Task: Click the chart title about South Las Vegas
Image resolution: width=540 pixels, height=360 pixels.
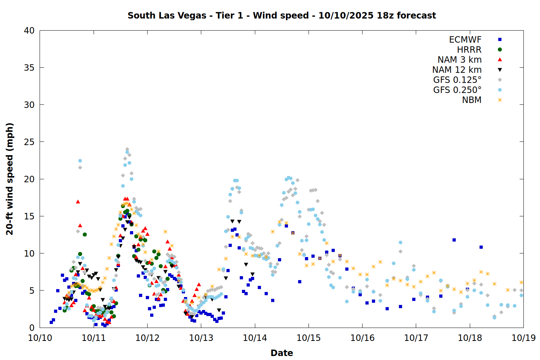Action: coord(282,15)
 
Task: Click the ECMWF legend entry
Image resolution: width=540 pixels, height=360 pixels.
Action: coord(465,40)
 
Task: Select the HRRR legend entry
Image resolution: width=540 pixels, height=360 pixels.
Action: coord(469,50)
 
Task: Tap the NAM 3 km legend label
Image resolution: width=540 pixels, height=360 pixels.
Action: coord(459,60)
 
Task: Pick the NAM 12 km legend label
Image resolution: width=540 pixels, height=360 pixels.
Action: coord(457,70)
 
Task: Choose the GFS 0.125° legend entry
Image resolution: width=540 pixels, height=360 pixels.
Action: coord(457,80)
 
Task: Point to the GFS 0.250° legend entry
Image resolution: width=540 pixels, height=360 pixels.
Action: coord(457,90)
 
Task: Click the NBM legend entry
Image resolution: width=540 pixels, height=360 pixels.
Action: coord(472,100)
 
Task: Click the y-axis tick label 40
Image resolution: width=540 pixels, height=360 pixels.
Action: coord(29,31)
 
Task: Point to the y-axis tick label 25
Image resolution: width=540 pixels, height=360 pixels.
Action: coord(29,142)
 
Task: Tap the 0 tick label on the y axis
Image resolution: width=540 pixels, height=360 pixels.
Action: coord(32,328)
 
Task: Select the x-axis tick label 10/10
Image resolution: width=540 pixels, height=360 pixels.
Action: coord(40,338)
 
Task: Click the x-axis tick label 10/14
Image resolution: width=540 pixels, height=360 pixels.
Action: coord(255,338)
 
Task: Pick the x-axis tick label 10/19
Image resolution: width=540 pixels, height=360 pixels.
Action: coord(523,338)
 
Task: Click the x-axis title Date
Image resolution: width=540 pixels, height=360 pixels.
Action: coord(282,353)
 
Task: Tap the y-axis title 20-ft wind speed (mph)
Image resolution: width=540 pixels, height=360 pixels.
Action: coord(10,179)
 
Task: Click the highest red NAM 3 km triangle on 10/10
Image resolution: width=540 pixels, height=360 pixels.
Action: coord(78,202)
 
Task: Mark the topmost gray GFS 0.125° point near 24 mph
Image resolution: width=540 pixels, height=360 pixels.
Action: coord(127,149)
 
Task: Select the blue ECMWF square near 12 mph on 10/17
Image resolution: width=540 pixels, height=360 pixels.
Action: coord(454,240)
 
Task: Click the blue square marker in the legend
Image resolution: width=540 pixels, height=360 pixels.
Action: coord(500,40)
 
